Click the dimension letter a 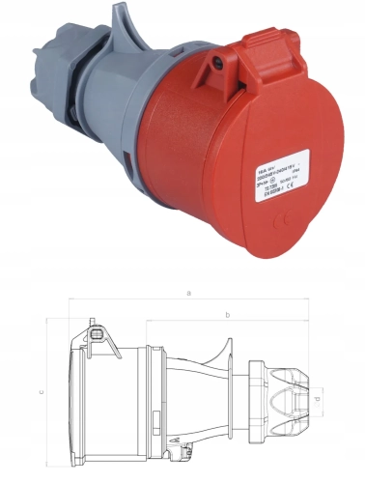click(189, 291)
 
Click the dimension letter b click(226, 315)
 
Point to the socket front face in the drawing click(75, 396)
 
